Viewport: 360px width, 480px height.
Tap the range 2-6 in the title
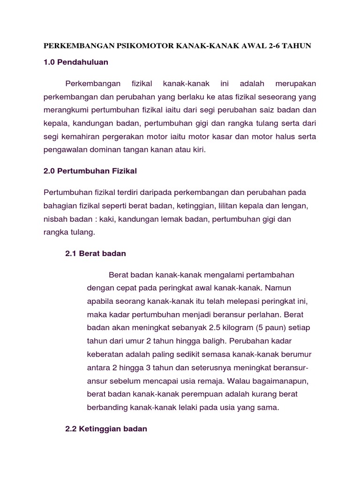[x=277, y=46]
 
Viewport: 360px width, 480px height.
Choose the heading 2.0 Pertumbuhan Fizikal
[x=90, y=171]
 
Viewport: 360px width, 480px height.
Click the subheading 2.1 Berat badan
[x=96, y=254]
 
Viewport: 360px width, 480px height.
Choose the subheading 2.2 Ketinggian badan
[x=106, y=429]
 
